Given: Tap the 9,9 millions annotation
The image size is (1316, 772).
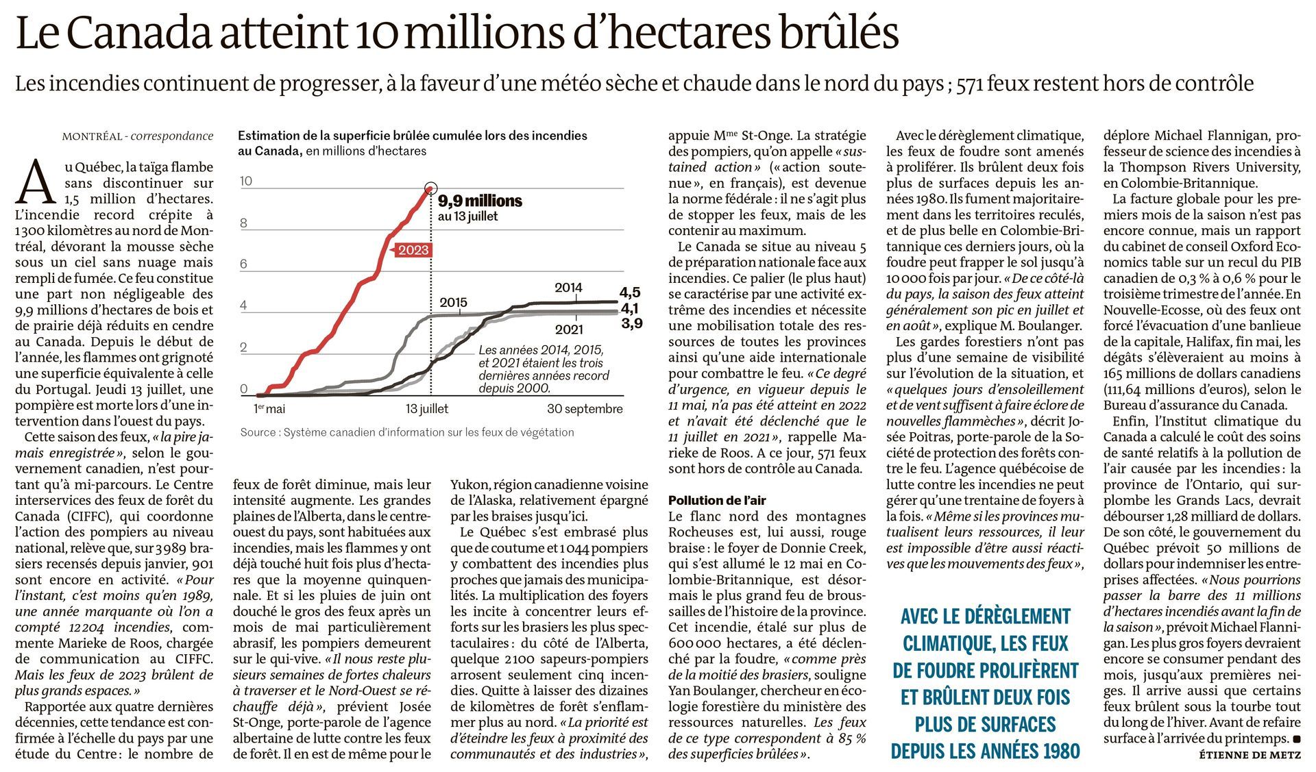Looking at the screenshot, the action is click(480, 201).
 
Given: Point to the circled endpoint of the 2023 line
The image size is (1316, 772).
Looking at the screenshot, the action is click(430, 188).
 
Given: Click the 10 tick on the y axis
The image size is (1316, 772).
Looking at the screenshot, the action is click(246, 182).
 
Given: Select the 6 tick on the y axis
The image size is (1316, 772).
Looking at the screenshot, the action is click(243, 264).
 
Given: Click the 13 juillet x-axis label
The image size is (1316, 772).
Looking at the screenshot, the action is click(427, 409).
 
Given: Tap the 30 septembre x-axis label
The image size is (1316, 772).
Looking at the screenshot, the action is click(585, 409).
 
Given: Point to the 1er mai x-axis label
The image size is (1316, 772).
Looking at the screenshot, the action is click(269, 409).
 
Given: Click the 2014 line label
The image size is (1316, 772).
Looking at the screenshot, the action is click(568, 288).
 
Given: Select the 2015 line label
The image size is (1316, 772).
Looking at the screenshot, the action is click(453, 302).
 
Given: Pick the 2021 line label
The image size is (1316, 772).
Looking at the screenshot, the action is click(569, 330).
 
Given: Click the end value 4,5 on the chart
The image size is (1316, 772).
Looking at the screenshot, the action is click(630, 293).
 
